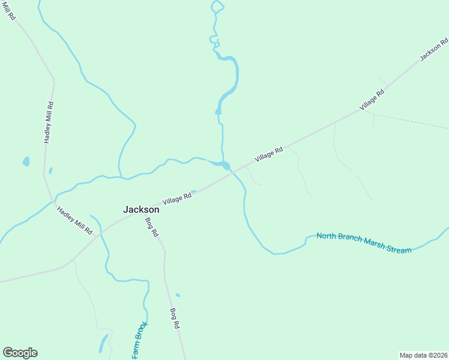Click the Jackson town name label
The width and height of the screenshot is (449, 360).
(141, 210)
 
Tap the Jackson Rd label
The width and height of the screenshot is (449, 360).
(434, 49)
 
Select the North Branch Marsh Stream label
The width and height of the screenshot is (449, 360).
(364, 242)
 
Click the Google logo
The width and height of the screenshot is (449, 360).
(20, 353)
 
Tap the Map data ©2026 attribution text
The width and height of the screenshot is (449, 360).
(423, 355)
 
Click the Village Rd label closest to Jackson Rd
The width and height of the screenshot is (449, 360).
(372, 100)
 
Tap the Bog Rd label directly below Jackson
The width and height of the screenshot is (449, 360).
(151, 226)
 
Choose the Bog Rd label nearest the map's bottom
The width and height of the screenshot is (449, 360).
(175, 318)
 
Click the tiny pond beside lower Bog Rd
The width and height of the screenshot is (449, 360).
(178, 295)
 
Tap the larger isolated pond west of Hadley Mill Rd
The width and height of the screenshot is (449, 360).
(26, 161)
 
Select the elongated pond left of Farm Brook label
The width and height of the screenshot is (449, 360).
(103, 343)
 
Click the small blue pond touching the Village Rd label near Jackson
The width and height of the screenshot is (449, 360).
(193, 192)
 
